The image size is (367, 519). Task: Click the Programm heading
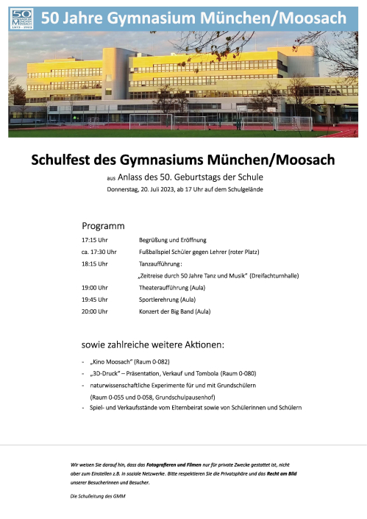pyautogui.click(x=103, y=225)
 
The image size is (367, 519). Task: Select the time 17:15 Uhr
pyautogui.click(x=94, y=240)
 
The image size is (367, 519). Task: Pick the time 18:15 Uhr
pyautogui.click(x=94, y=264)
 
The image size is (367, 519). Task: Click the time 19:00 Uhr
pyautogui.click(x=94, y=287)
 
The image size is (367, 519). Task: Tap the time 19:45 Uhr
pyautogui.click(x=94, y=300)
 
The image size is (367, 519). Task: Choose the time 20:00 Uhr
pyautogui.click(x=94, y=311)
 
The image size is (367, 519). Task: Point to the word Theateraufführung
pyautogui.click(x=164, y=287)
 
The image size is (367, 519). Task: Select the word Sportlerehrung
pyautogui.click(x=159, y=300)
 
